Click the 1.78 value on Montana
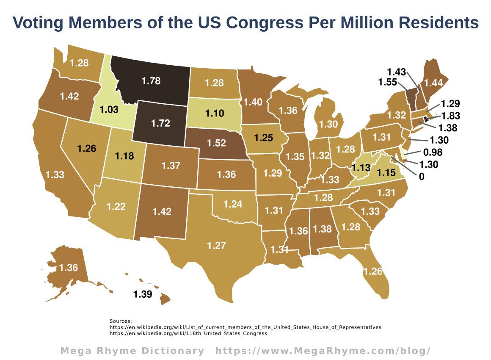151,80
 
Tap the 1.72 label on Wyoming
160,123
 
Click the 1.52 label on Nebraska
216,143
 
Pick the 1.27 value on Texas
216,245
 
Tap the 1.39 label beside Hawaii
143,294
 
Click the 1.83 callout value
450,116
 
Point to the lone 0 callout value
422,177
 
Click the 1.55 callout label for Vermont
388,82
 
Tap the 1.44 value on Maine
433,83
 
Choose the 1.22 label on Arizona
116,206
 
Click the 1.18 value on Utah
124,156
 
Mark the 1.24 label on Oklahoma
232,204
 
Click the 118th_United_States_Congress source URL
188,333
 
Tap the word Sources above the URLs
121,321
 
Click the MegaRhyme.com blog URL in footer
323,351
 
